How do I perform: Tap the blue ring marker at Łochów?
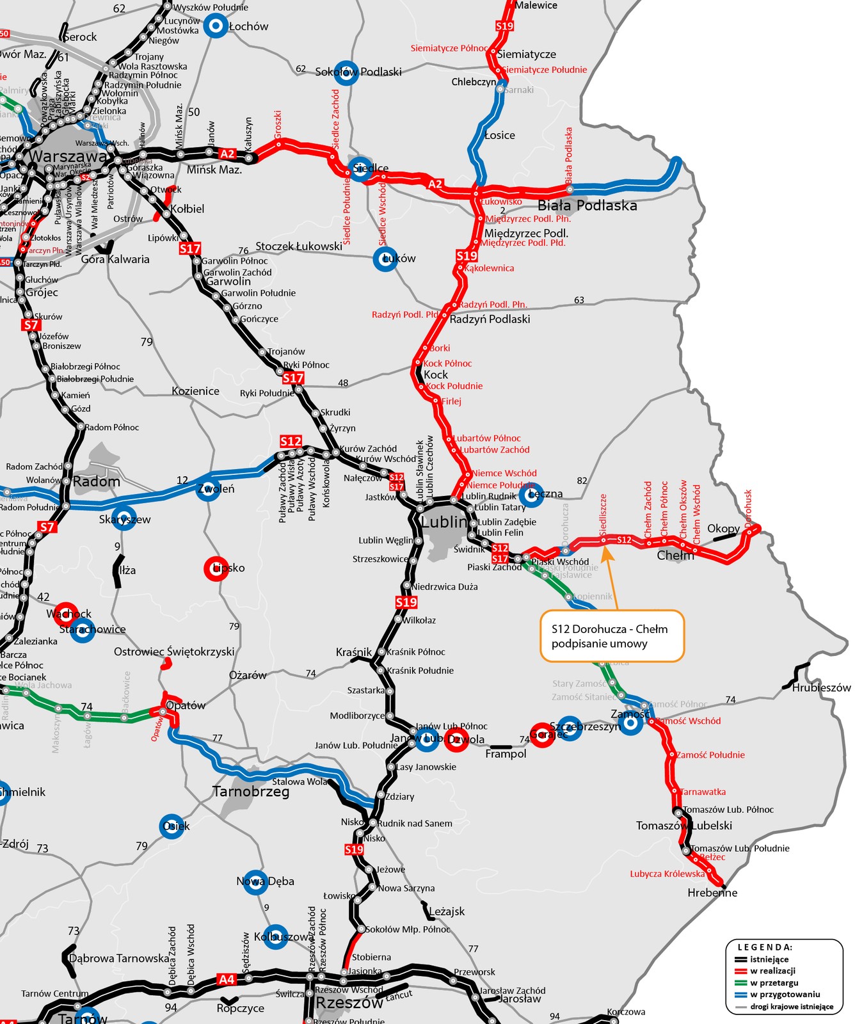(x=216, y=26)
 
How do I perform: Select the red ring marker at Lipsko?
(x=216, y=568)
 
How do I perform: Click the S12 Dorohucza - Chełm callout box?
(x=612, y=636)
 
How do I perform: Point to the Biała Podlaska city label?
(x=587, y=205)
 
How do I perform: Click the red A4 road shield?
(x=227, y=979)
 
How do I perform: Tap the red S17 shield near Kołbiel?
(x=190, y=248)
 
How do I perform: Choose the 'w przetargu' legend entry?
(x=774, y=982)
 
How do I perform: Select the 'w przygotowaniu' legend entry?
(x=785, y=995)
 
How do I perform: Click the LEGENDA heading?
(x=765, y=947)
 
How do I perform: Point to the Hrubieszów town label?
(x=821, y=688)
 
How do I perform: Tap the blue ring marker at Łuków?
(x=385, y=259)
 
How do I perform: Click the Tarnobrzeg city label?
(x=251, y=792)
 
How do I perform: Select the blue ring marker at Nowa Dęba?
(x=255, y=882)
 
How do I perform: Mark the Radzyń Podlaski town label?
(x=490, y=319)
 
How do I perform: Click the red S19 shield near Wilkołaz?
(x=406, y=602)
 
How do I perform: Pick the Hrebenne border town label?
(x=712, y=893)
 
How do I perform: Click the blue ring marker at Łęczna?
(x=530, y=495)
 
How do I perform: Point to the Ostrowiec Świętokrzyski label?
(x=174, y=652)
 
